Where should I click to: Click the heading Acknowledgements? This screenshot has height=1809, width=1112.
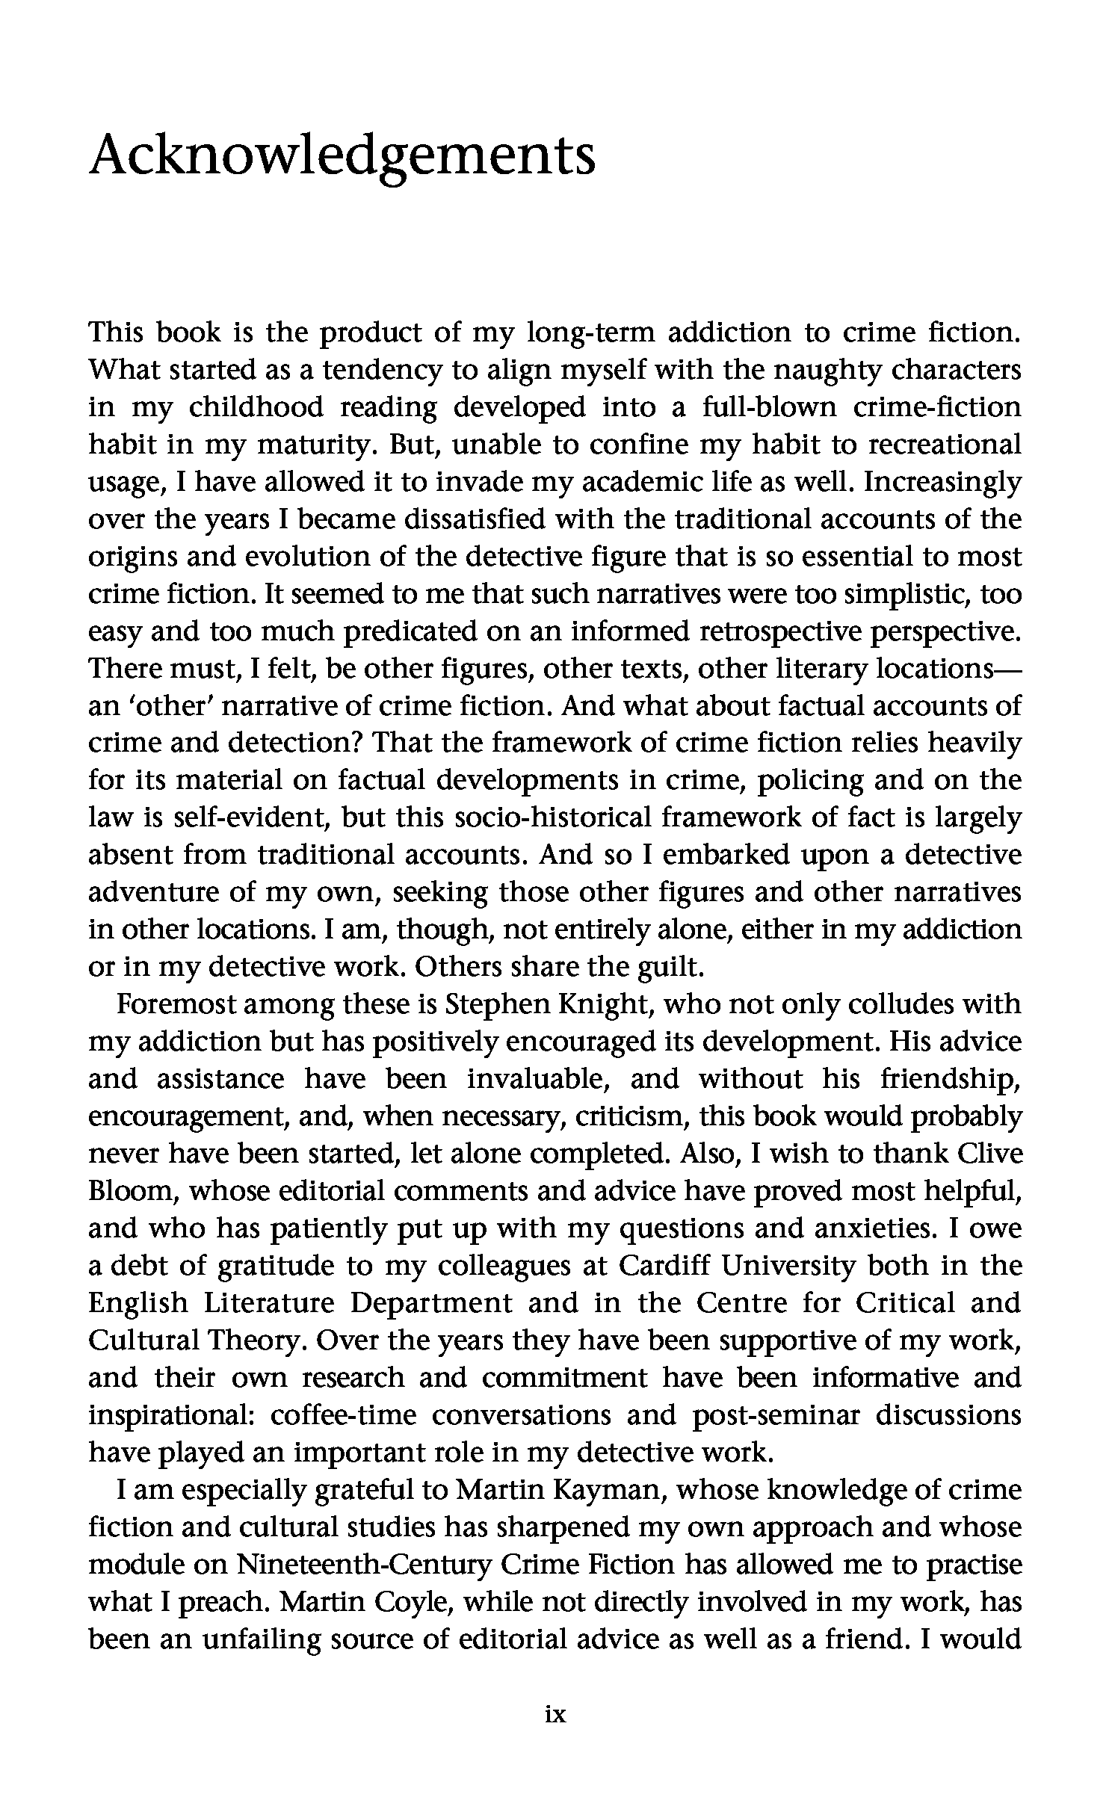(342, 156)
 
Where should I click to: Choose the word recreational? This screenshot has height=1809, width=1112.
(942, 445)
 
